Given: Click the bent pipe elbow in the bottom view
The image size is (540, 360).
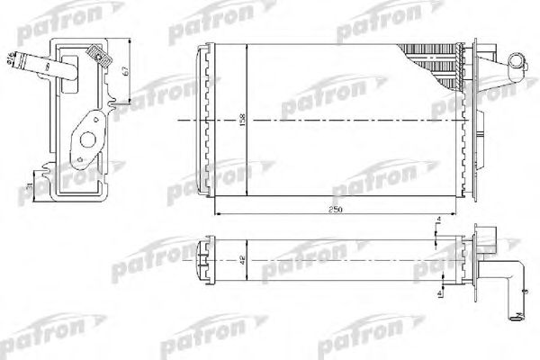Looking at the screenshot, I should coord(508,274).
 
